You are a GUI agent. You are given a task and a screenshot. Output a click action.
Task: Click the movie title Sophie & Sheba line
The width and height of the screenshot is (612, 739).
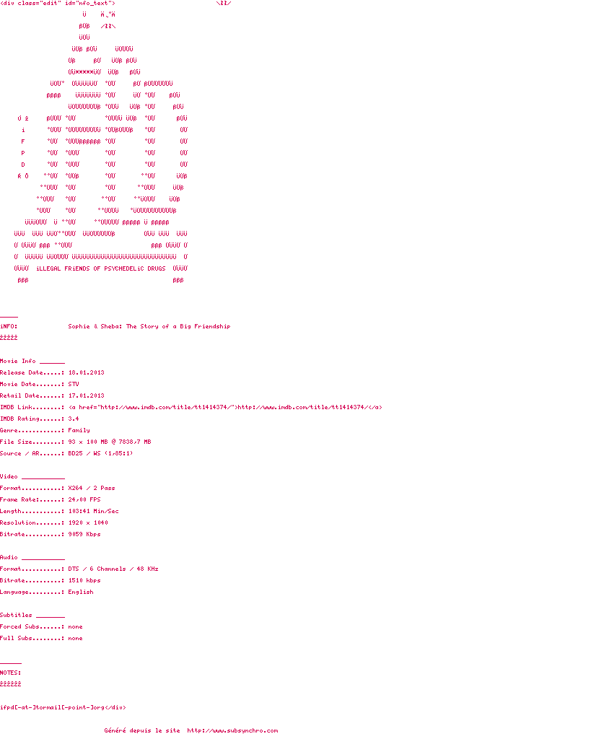(x=149, y=326)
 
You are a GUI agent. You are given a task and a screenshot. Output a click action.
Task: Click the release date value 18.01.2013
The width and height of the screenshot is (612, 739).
(x=86, y=372)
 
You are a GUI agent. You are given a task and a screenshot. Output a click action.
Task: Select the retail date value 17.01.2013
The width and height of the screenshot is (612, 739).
(x=86, y=395)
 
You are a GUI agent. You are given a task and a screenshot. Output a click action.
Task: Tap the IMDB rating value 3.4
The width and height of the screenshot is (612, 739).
(x=74, y=419)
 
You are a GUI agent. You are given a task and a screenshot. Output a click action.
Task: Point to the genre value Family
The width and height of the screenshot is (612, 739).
(x=79, y=430)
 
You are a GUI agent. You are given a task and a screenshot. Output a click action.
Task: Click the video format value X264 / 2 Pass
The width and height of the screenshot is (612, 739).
(x=92, y=488)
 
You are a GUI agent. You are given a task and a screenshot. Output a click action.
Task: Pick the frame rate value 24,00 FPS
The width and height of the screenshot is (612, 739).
(x=84, y=499)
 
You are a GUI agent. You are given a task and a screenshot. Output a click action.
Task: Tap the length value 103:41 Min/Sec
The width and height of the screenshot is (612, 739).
(x=93, y=511)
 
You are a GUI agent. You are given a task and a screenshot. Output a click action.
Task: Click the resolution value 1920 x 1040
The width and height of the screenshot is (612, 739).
(x=88, y=522)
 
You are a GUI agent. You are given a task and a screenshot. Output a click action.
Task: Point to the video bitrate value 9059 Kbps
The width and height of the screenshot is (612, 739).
(x=84, y=534)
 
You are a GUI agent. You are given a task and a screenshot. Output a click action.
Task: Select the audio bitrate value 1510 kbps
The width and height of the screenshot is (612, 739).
(x=84, y=580)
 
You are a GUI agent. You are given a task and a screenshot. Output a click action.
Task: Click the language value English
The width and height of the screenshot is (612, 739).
(x=81, y=592)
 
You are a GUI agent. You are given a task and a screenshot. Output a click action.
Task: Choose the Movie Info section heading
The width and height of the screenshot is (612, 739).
(x=18, y=361)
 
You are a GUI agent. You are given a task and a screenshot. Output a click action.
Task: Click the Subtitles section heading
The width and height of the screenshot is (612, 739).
(x=16, y=615)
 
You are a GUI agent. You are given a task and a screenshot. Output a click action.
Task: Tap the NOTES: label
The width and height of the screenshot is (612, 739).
(x=10, y=673)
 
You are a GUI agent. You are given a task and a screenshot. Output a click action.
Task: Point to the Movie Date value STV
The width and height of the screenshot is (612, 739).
(x=74, y=384)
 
